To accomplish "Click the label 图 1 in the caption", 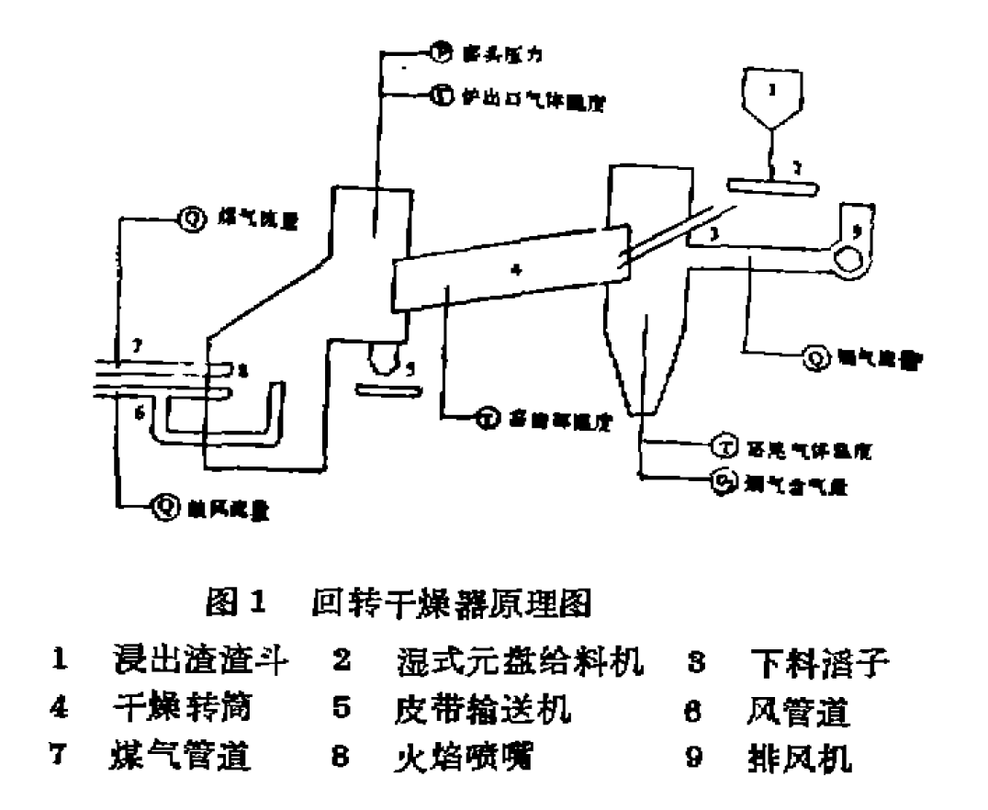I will click(238, 603).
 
